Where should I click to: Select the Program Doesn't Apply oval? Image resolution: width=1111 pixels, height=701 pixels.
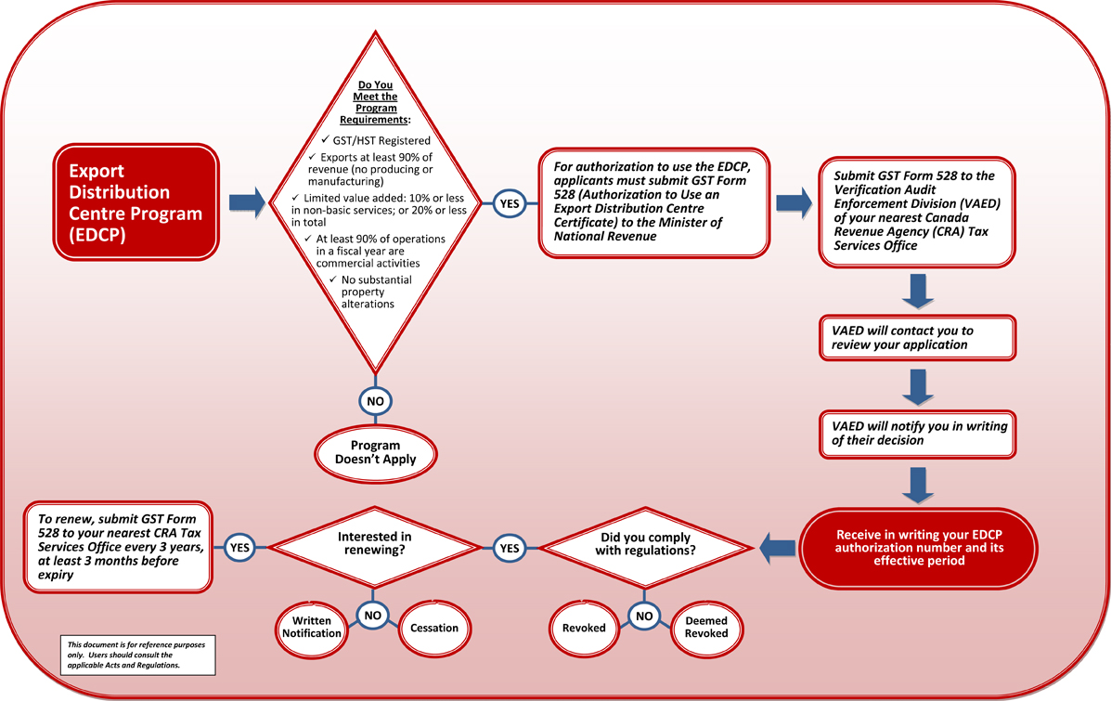coord(376,452)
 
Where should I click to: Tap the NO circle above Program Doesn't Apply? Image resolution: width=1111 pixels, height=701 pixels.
coord(375,401)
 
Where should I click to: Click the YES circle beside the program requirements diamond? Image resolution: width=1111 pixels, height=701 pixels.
coord(509,203)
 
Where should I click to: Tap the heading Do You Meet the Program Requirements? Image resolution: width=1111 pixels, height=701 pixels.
coord(377,102)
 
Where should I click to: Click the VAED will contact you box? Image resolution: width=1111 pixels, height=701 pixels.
coord(917,337)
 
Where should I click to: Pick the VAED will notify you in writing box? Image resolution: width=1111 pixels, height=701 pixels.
coord(917,433)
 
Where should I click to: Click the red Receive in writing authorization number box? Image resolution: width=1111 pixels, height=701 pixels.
coord(916,548)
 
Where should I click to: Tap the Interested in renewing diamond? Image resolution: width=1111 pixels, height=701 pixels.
coord(374,548)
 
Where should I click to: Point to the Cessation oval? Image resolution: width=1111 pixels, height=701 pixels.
coord(434,628)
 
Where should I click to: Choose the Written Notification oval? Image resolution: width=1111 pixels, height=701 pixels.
coord(312,628)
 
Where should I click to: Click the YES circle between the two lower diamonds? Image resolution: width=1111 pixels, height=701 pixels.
coord(510,548)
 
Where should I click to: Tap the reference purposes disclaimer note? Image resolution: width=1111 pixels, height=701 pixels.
coord(137,654)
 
